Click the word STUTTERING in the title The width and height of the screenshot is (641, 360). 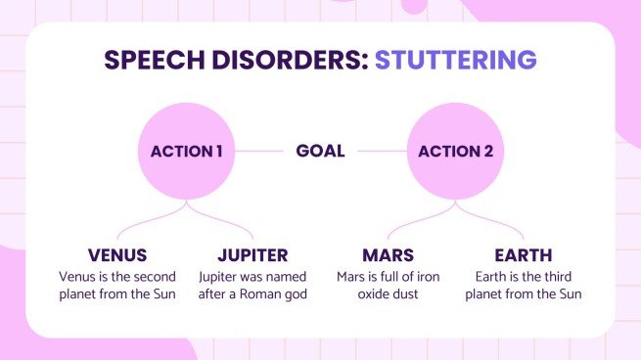coord(455,60)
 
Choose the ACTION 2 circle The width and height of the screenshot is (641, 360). coord(454,152)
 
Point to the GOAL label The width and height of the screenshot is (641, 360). coord(320,152)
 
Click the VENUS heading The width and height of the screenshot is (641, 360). coord(117,255)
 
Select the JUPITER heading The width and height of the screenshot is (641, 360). coord(252,255)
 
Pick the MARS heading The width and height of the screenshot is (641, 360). coord(388,255)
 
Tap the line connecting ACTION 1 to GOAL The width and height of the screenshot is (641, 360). coord(261,152)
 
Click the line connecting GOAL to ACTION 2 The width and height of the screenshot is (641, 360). coord(377,152)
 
